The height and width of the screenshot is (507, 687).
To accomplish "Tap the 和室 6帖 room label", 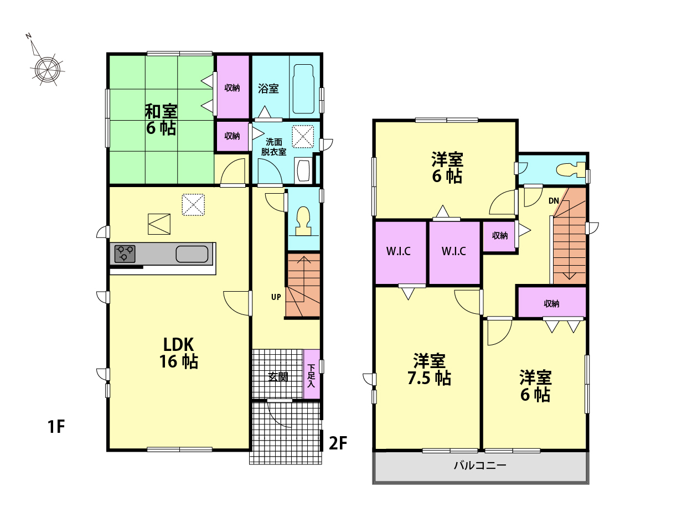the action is pos(161,120).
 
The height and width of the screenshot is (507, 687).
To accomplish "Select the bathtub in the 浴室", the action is pos(303,89).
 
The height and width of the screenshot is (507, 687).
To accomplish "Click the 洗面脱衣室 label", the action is pos(273,147).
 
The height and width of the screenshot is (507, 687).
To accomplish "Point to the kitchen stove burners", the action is pos(125,253).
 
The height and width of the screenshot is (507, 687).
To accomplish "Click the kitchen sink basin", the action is pos(192,254).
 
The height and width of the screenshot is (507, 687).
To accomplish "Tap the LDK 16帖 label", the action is pos(179,353).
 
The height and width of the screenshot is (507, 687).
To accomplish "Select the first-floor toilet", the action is pos(303,221).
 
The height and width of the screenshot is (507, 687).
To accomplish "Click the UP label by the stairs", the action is pos(276,297).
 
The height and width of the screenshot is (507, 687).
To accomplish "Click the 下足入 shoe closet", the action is pos(311,374).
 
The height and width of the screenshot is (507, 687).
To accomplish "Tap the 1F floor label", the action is pos(56,427).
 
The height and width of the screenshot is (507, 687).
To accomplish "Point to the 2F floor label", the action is pos(338,443).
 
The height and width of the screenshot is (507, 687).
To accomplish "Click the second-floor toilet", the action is pos(571,170).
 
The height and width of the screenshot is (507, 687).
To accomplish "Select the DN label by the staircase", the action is pos(554,201).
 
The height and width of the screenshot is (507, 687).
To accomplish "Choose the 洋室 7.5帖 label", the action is pos(429,369).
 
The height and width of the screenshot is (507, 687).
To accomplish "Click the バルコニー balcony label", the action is pos(480,465).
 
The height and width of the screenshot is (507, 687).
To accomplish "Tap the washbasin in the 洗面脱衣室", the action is pos(303,170).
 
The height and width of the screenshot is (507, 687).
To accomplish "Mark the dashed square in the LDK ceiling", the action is pos(193,204).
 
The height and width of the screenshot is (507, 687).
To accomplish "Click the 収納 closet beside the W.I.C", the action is pos(499,236).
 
